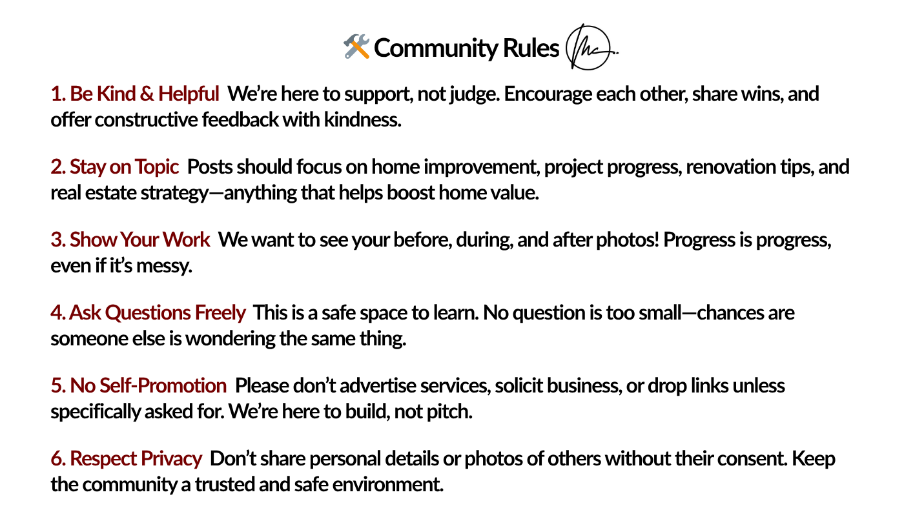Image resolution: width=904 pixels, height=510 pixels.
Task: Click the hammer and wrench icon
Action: (356, 46)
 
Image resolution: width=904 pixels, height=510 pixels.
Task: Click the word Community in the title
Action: (437, 48)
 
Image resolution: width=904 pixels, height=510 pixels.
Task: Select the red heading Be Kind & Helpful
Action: (135, 94)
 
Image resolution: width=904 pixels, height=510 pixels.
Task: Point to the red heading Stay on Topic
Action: (115, 167)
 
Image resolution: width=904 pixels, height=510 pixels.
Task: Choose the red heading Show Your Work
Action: (130, 240)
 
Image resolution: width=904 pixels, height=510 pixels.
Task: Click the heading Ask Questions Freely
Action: (148, 312)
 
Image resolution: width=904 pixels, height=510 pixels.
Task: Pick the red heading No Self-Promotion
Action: (139, 386)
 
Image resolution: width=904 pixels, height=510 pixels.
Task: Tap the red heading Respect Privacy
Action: (127, 459)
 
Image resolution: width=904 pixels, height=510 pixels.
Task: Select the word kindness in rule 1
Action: (363, 120)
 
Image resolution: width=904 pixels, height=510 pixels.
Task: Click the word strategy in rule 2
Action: (174, 193)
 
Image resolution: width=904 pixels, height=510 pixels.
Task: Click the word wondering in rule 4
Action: (230, 339)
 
